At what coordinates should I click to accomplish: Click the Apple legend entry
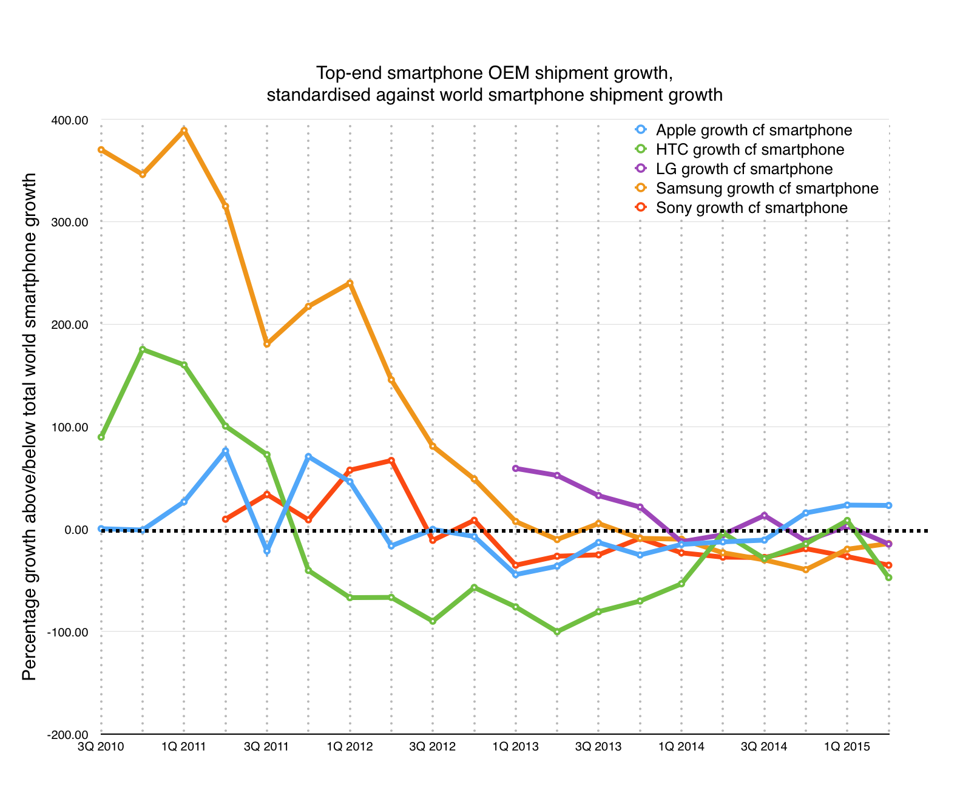coord(753,130)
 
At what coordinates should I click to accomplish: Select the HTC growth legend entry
coord(749,150)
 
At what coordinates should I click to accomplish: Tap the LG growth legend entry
coord(744,169)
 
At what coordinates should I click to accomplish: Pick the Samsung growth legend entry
coord(766,189)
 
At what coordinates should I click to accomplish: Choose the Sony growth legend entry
coord(751,208)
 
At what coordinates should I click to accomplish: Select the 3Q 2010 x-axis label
coord(101,747)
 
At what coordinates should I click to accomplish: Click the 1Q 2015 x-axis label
coord(847,747)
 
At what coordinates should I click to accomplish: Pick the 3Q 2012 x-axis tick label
coord(433,747)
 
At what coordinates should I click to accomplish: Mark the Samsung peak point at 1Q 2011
coord(184,130)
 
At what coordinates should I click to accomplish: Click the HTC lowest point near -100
coord(557,632)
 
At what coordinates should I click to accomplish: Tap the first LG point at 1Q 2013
coord(515,468)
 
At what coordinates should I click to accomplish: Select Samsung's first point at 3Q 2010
coord(101,150)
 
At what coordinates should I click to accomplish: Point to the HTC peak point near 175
coord(143,349)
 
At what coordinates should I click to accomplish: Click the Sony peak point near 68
coord(391,460)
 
